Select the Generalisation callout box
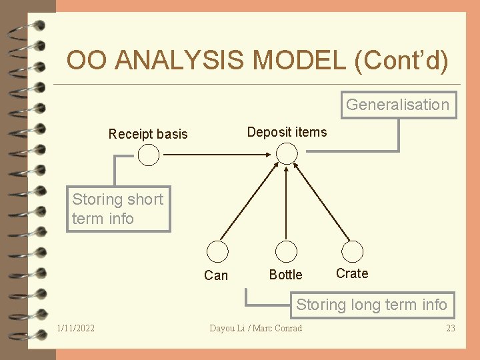pos(397,105)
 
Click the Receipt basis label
pos(148,134)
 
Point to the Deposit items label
pos(287,132)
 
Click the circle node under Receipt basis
pos(149,155)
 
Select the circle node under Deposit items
pos(287,155)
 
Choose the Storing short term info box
pos(118,209)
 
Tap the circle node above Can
pos(217,251)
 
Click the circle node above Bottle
pos(286,251)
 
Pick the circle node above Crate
pos(352,251)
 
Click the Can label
pos(216,275)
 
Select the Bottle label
pos(285,275)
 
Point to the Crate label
pos(352,273)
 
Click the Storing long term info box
pos(371,305)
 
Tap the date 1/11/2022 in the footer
pos(75,328)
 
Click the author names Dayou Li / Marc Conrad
pos(255,328)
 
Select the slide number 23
pos(451,328)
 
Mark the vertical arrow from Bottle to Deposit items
pos(286,203)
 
